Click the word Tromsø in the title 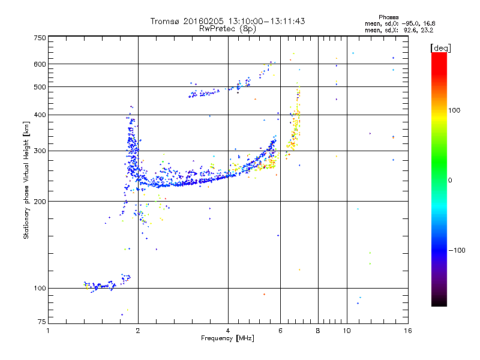(166, 21)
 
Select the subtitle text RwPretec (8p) (227, 29)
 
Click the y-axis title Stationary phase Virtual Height (26, 180)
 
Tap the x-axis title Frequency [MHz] (227, 338)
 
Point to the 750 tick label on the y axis (40, 38)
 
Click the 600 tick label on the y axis (40, 64)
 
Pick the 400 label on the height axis (40, 115)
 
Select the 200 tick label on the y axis (40, 201)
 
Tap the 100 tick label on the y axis (40, 288)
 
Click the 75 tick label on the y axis (42, 322)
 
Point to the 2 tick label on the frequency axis (138, 331)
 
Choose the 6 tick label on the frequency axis (280, 331)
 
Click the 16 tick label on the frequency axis (408, 331)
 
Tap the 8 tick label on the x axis (318, 331)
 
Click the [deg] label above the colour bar (440, 48)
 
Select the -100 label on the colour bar (457, 250)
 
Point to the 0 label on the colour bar (450, 180)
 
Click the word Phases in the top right (388, 17)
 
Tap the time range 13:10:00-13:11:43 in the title (266, 21)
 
